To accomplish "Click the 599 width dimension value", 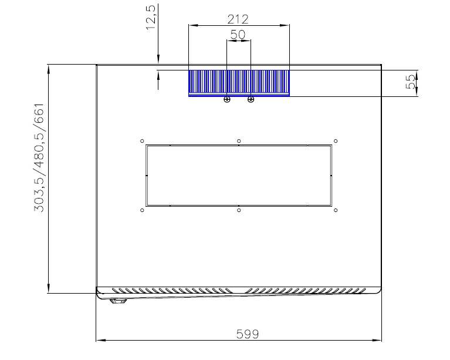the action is pyautogui.click(x=248, y=334).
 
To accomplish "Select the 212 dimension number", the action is pyautogui.click(x=238, y=19).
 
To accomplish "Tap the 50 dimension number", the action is pyautogui.click(x=238, y=35).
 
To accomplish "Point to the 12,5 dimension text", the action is pyautogui.click(x=151, y=17).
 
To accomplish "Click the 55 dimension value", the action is pyautogui.click(x=411, y=82).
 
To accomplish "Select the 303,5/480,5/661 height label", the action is pyautogui.click(x=39, y=157).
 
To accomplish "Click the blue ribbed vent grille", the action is pyautogui.click(x=239, y=83).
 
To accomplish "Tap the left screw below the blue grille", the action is pyautogui.click(x=226, y=99).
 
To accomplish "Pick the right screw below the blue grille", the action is pyautogui.click(x=251, y=99).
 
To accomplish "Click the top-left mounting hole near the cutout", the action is pyautogui.click(x=142, y=141).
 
